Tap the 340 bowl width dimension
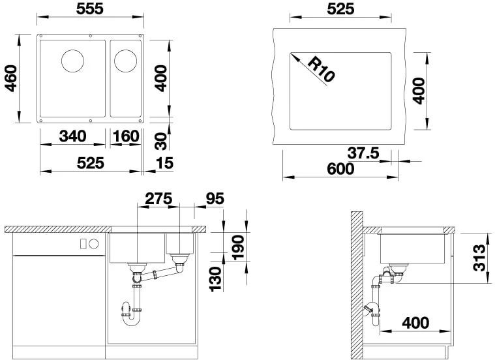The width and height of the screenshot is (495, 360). tap(72, 136)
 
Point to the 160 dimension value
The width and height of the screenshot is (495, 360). tap(125, 136)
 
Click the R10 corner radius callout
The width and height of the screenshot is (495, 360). tap(320, 69)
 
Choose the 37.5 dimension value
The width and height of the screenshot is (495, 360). tap(363, 153)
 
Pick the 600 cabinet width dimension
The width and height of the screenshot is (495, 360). tap(341, 169)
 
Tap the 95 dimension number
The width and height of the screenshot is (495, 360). tap(215, 198)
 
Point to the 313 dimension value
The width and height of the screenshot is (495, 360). tap(479, 259)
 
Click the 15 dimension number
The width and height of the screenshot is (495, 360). tap(164, 163)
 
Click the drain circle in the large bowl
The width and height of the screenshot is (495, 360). tap(72, 61)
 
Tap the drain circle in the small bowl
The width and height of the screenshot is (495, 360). tap(124, 61)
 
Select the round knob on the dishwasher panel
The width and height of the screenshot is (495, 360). tap(93, 243)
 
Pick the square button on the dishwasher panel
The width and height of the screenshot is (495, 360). tap(83, 243)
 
